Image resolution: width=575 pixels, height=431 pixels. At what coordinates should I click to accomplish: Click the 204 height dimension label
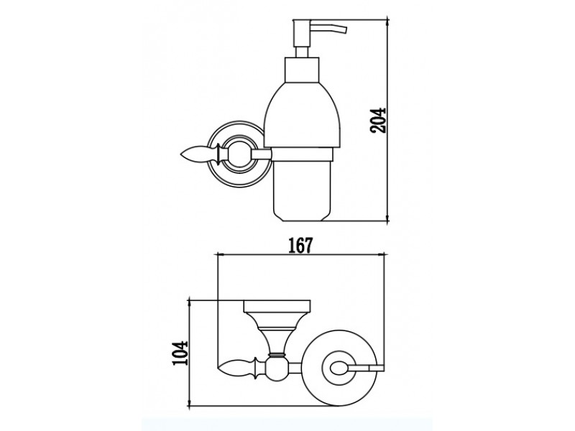(378, 120)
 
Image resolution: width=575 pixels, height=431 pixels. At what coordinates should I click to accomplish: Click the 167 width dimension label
(300, 245)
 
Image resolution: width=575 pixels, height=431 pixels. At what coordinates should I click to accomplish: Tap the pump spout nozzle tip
(345, 30)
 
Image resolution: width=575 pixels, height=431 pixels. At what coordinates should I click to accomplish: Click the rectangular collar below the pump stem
(302, 70)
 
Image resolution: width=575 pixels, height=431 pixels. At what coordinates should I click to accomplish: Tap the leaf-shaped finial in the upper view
(199, 154)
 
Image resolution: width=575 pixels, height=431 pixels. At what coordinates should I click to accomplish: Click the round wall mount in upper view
(239, 154)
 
